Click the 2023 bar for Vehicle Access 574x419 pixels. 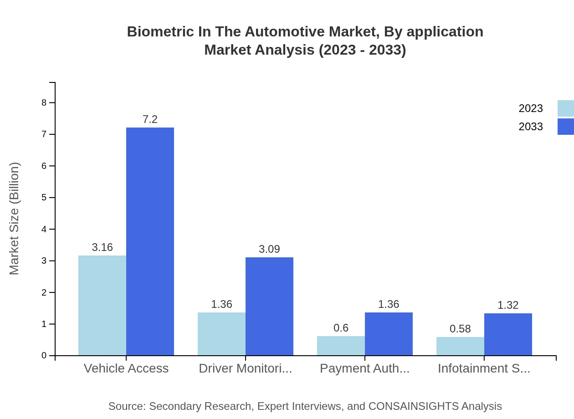click(x=102, y=305)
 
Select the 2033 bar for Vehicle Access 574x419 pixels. click(x=150, y=241)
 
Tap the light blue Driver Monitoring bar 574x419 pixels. click(x=221, y=334)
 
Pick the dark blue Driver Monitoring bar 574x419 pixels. click(x=269, y=306)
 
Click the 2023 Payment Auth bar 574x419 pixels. click(x=341, y=346)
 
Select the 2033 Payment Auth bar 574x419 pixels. click(x=389, y=334)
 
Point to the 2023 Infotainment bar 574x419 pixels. click(x=460, y=346)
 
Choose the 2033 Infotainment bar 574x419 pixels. click(x=508, y=334)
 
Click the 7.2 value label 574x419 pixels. click(x=150, y=119)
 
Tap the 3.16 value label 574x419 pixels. click(x=102, y=247)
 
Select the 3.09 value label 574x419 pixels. click(x=269, y=249)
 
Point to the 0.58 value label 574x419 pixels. click(x=460, y=329)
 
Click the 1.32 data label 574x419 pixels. click(x=508, y=305)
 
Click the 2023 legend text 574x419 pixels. click(x=531, y=108)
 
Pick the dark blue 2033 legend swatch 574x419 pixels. click(x=565, y=127)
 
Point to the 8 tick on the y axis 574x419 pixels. click(x=44, y=102)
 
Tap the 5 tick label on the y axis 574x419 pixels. click(x=44, y=198)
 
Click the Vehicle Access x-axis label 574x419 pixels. click(x=126, y=368)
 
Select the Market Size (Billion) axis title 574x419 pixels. click(x=14, y=219)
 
